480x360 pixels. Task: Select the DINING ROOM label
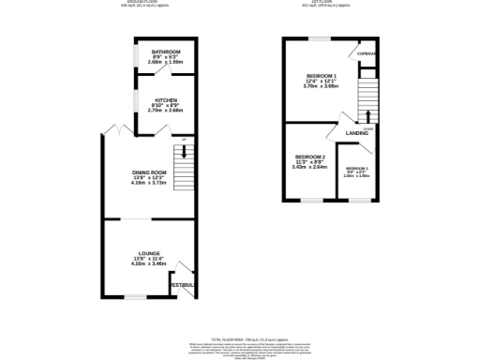click(148, 172)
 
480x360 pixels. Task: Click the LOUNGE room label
click(148, 255)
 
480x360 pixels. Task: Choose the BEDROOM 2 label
click(310, 157)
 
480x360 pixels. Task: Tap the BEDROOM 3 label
click(357, 168)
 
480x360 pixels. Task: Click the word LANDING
click(356, 134)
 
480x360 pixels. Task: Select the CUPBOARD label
click(367, 54)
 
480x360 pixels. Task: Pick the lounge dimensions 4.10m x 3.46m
click(148, 264)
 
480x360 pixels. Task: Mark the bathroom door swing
click(163, 67)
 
